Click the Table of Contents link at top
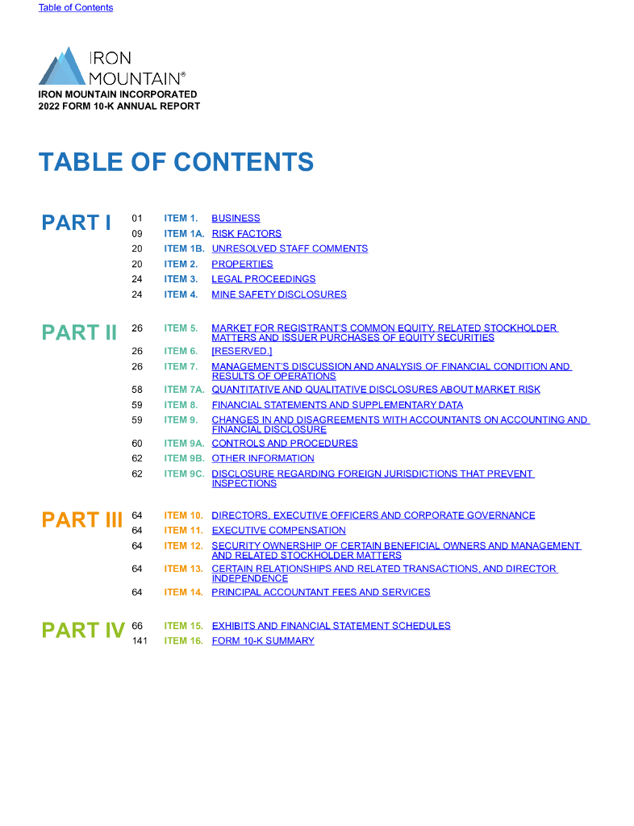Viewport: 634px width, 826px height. click(76, 8)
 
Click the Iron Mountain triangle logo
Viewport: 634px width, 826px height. click(62, 67)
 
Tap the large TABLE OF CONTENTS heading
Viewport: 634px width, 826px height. click(176, 161)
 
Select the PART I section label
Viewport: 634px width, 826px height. click(77, 223)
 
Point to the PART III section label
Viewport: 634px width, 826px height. click(81, 519)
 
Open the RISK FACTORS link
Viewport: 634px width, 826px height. click(246, 234)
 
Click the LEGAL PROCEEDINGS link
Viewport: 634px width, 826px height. click(263, 279)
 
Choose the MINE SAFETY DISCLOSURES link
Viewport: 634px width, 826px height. click(279, 294)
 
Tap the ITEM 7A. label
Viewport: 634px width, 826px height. click(184, 390)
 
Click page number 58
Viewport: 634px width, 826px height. click(137, 390)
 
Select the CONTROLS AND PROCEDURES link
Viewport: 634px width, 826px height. click(285, 444)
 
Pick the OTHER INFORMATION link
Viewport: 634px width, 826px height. click(263, 459)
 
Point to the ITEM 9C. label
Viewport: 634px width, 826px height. click(184, 474)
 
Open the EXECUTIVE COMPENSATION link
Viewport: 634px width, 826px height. click(278, 531)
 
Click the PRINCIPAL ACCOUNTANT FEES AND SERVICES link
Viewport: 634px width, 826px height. click(321, 592)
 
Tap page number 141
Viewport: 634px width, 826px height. click(139, 641)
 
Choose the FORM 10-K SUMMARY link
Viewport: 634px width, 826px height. click(263, 641)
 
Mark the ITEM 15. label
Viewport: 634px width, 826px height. click(183, 626)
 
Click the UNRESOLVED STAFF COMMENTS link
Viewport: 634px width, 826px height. click(290, 249)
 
